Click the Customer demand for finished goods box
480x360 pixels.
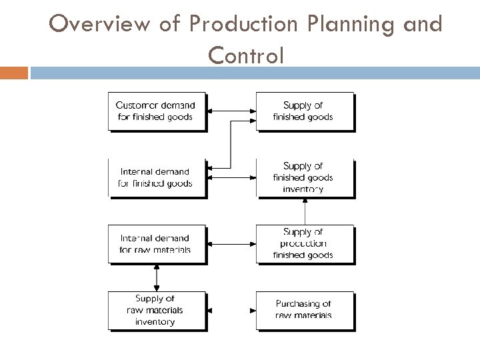156,111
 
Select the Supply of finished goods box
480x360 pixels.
304,111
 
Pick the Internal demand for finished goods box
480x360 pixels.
156,177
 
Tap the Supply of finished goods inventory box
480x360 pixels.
304,177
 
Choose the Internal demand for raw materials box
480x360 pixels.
156,244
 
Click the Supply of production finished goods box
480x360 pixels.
304,244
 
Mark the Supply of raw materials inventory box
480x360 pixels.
156,310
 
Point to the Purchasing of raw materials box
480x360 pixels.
304,310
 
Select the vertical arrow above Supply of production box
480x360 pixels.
305,211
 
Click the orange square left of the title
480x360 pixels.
14,72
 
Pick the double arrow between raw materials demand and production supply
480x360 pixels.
231,244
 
